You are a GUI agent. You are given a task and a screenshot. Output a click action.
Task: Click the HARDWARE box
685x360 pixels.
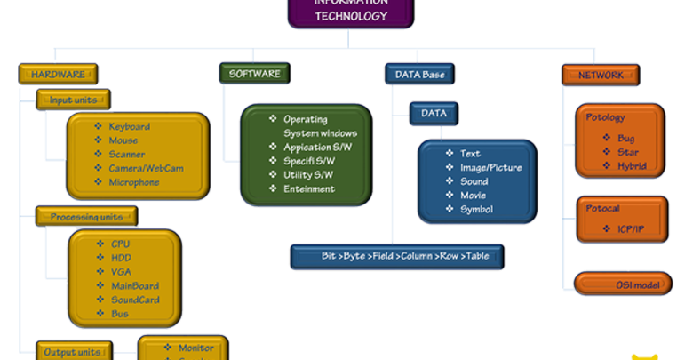point(58,74)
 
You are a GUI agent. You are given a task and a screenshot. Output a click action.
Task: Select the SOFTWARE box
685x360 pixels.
point(256,74)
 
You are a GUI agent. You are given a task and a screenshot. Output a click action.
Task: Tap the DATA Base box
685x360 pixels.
point(420,74)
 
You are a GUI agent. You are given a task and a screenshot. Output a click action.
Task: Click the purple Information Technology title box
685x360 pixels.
point(351,12)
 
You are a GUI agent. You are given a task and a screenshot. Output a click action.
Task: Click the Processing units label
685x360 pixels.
point(86,216)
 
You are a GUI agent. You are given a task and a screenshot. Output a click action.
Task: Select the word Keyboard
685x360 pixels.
point(129,126)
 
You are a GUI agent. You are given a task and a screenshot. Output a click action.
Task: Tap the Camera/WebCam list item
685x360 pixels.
point(147,168)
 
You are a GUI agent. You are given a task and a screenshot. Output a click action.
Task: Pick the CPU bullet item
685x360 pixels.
point(120,244)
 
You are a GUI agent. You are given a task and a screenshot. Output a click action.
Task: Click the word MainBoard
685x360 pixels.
point(134,285)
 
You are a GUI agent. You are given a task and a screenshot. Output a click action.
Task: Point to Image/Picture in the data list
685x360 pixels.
point(490,167)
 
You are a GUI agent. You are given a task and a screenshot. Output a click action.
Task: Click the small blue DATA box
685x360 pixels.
point(434,114)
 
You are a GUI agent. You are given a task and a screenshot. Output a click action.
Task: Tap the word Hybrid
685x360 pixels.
point(631,165)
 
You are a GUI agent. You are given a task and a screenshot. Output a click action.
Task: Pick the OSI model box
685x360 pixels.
point(622,284)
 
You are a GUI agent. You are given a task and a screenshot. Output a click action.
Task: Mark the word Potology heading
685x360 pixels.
point(605,116)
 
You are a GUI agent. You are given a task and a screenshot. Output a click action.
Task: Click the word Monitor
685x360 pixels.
point(195,348)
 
